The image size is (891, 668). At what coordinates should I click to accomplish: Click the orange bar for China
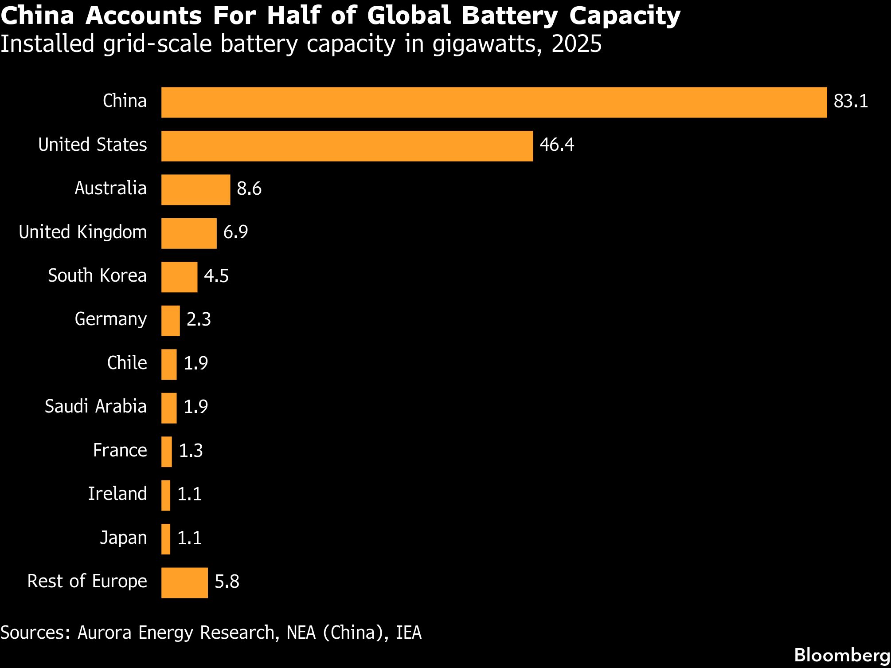click(494, 102)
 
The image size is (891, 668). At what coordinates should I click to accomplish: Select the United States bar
click(347, 146)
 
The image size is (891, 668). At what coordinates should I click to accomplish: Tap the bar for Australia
click(195, 190)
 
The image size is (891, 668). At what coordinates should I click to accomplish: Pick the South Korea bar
click(179, 277)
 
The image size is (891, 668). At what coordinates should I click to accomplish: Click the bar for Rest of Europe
click(184, 583)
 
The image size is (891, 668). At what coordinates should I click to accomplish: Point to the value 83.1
click(851, 102)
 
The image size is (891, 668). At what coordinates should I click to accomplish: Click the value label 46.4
click(557, 145)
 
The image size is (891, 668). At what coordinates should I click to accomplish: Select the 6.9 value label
click(235, 232)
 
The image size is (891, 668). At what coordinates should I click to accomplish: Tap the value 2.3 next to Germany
click(199, 319)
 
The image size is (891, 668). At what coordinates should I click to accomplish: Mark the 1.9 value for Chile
click(195, 363)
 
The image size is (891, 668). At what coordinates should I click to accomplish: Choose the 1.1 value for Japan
click(189, 538)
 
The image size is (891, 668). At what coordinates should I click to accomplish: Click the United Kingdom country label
click(83, 232)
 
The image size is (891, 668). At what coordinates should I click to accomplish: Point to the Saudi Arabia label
click(95, 406)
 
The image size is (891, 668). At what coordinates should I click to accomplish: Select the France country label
click(120, 450)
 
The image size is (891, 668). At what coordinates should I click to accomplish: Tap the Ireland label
click(117, 494)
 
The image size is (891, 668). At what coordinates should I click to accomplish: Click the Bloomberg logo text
click(842, 655)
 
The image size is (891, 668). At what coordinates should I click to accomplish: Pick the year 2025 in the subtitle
click(576, 44)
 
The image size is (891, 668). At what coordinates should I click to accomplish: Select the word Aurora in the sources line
click(105, 633)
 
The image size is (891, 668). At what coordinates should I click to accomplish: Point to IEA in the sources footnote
click(408, 633)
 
